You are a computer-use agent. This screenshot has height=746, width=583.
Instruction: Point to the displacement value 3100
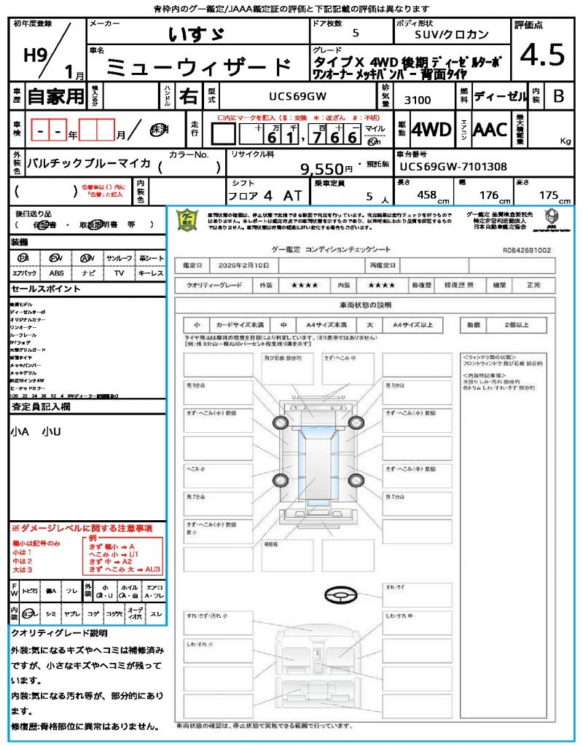418,100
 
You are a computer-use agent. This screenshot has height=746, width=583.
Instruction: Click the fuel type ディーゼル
500,95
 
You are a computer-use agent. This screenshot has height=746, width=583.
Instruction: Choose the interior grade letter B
557,95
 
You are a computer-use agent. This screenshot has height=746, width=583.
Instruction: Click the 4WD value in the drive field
431,130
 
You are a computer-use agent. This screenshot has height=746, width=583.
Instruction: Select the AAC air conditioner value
490,130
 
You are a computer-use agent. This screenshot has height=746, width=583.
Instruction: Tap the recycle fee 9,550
321,169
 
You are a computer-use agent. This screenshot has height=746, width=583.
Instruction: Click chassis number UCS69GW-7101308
453,166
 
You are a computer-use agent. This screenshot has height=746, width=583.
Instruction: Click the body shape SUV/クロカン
452,34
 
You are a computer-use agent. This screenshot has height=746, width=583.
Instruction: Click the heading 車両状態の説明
365,305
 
